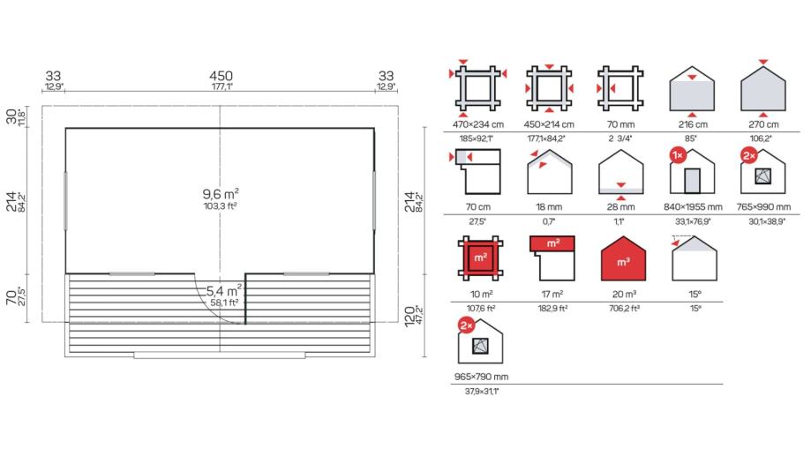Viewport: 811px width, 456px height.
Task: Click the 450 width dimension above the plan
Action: pos(221,76)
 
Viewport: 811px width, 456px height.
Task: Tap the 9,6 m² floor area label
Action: pos(221,194)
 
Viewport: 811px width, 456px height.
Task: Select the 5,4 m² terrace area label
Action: pos(224,290)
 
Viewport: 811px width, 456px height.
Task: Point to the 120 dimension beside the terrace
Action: pos(409,317)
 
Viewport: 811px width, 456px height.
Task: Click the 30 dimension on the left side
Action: pos(11,116)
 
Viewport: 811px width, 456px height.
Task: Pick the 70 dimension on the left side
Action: pos(11,297)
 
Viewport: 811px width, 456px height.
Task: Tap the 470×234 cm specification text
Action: pos(478,124)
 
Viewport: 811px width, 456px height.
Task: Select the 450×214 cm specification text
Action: pos(549,124)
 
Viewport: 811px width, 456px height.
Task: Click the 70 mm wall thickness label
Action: pos(620,124)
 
